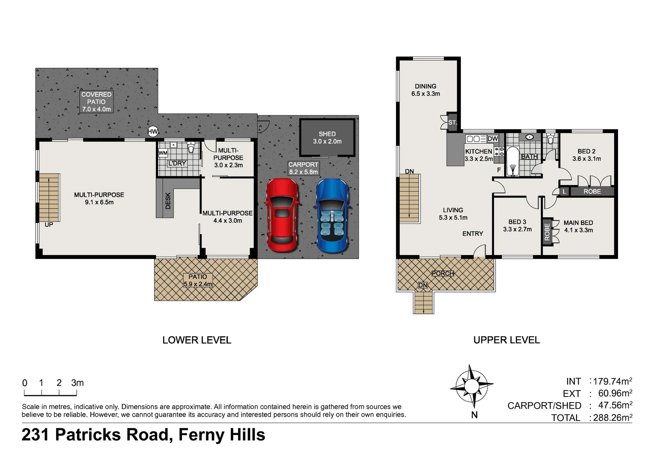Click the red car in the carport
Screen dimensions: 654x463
(x=282, y=215)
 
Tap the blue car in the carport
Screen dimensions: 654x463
(x=332, y=216)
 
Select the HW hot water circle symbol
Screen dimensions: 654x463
(x=153, y=132)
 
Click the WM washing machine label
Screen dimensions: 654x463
(x=163, y=153)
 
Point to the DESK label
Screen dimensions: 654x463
(x=168, y=201)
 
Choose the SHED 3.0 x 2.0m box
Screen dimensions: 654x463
(x=327, y=138)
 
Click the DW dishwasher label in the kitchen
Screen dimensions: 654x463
(x=493, y=138)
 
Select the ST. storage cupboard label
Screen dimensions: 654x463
(x=452, y=122)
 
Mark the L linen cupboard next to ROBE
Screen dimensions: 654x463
(x=565, y=192)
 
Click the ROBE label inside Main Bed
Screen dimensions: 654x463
(x=547, y=232)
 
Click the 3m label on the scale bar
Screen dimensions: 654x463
(x=77, y=382)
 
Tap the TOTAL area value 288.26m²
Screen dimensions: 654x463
(x=612, y=418)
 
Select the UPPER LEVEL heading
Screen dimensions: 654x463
(x=507, y=340)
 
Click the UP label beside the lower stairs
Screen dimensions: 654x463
(x=49, y=225)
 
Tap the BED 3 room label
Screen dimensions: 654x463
(x=517, y=222)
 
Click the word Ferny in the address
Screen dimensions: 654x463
(x=201, y=435)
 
